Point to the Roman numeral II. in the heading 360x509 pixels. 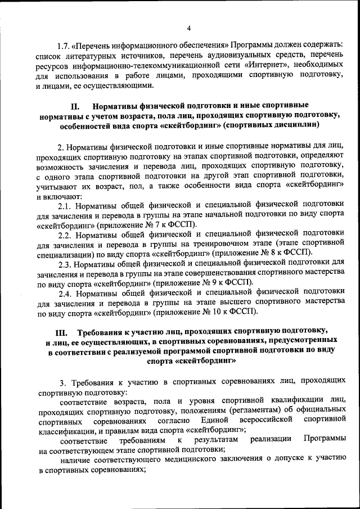point(76,105)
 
